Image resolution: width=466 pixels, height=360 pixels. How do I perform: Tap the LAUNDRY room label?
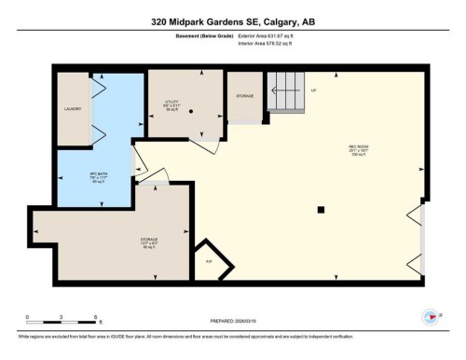coord(74,109)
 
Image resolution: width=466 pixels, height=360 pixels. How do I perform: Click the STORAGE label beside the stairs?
coord(245,95)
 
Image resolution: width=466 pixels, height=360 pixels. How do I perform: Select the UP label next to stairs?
coord(314,90)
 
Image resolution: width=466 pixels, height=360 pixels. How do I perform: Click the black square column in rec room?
coord(320,209)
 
